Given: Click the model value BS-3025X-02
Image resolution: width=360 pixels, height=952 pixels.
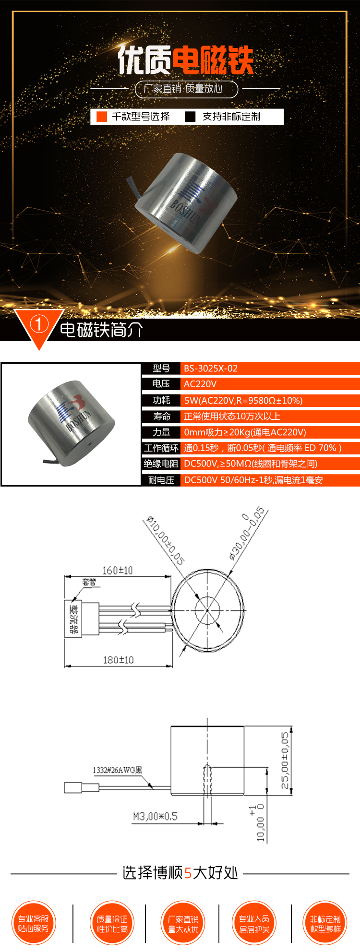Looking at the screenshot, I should (211, 369).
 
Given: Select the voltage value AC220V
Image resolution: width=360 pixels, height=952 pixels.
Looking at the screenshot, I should (200, 384).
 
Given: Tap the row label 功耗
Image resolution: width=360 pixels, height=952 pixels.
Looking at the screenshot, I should (161, 400).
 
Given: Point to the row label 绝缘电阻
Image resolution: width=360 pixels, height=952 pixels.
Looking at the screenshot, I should (161, 464).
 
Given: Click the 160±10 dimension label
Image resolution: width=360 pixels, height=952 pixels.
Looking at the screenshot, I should (118, 571).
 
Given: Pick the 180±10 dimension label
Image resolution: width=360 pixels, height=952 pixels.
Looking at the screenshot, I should (118, 660).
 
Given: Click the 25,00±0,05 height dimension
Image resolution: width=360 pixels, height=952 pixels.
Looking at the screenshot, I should (285, 760).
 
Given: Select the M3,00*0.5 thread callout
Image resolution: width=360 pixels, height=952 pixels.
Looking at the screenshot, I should (155, 816).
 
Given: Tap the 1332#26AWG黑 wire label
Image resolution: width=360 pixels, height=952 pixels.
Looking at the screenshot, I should (118, 770).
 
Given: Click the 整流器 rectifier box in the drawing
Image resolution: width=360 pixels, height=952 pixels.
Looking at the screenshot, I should (73, 619).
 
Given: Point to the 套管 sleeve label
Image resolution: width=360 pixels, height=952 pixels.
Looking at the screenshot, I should (89, 583).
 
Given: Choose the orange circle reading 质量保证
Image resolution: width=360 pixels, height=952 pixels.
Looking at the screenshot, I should (112, 924).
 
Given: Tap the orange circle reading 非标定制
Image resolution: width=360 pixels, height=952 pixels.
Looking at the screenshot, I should (325, 924).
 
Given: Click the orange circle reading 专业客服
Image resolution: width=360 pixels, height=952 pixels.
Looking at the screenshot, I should (34, 924).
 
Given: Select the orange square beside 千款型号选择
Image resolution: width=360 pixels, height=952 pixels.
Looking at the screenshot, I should (102, 117).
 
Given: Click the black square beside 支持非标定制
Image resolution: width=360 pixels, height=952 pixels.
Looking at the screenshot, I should (191, 117).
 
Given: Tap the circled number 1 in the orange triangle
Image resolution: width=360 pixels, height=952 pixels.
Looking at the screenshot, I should (39, 325).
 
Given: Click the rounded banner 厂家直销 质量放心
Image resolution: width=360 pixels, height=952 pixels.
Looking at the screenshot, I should (186, 89).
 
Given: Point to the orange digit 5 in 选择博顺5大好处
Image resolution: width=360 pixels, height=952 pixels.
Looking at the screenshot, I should (188, 873).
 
